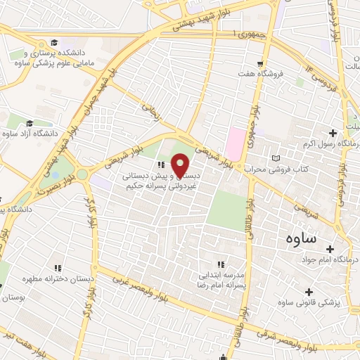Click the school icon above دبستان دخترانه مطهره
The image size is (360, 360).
click(58, 267)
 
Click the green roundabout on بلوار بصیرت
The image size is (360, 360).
click(83, 173)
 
